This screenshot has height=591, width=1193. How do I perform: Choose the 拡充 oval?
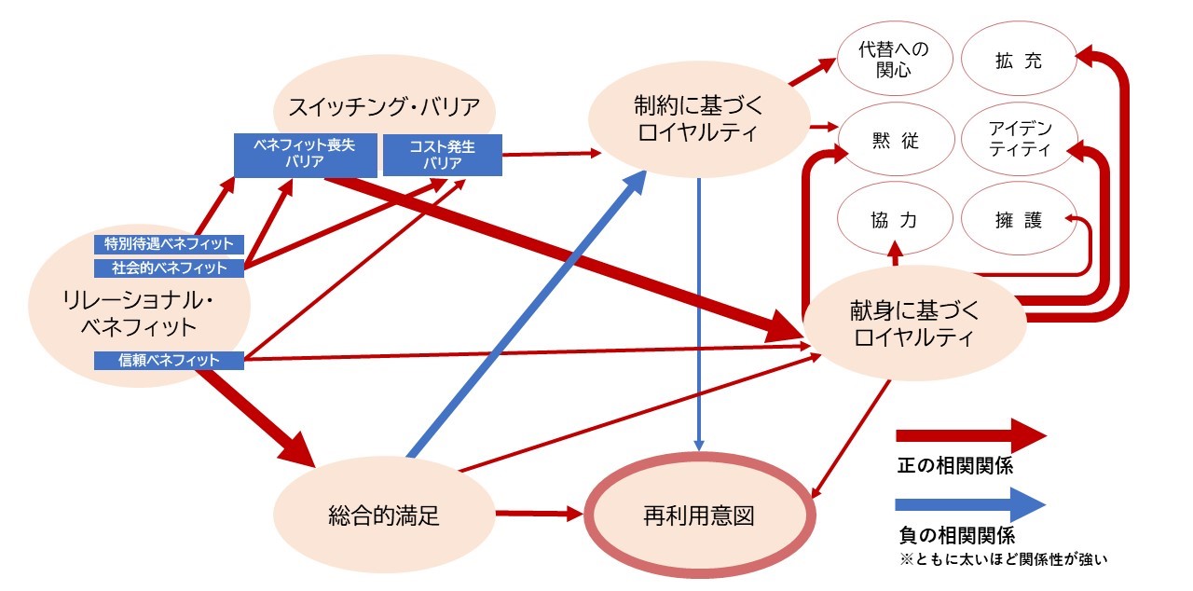tap(1017, 62)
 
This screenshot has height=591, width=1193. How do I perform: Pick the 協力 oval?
tap(895, 221)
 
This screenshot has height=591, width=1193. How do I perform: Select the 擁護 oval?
tap(1017, 221)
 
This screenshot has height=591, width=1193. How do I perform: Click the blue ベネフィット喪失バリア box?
tap(292, 155)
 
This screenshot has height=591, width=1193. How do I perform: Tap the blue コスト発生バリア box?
tap(443, 155)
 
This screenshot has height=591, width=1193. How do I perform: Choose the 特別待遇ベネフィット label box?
tap(169, 244)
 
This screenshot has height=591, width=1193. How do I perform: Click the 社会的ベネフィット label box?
tap(169, 268)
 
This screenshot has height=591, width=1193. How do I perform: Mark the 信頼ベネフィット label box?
tap(169, 360)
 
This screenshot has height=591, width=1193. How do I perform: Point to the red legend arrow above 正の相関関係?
tap(970, 435)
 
